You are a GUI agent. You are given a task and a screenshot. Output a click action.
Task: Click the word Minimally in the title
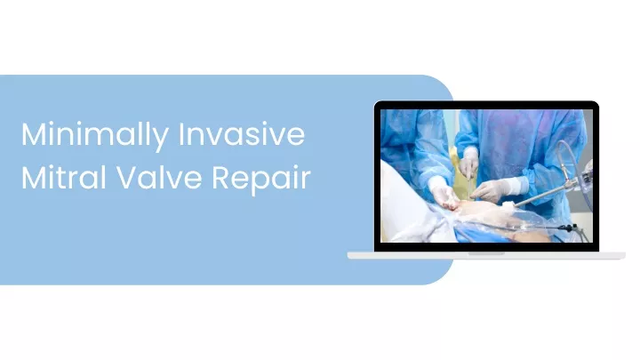click(95, 135)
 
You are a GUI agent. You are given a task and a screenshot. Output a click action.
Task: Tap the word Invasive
click(242, 133)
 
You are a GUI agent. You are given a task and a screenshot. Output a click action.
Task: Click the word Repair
click(261, 179)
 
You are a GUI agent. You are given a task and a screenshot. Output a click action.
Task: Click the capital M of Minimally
click(34, 134)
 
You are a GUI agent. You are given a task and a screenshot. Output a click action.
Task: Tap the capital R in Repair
click(220, 178)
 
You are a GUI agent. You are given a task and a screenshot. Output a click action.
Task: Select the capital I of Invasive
click(180, 134)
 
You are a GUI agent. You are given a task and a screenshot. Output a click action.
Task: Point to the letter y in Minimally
click(160, 140)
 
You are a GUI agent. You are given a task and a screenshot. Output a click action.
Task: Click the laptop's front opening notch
click(486, 254)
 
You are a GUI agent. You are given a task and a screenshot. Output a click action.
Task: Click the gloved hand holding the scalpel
click(468, 164)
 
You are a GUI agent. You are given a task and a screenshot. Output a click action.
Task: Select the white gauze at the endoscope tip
click(508, 207)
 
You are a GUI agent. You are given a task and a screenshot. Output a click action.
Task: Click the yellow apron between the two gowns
click(460, 176)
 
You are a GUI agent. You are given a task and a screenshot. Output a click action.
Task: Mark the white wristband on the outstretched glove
click(515, 186)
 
